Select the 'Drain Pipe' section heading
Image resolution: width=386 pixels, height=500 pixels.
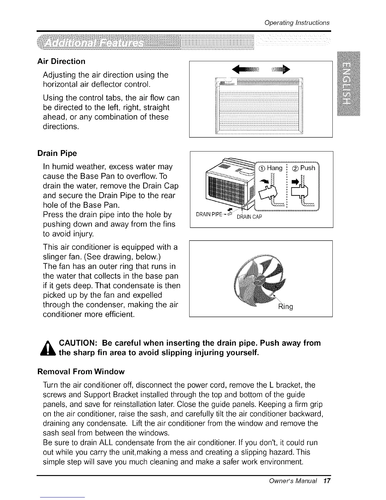[x=57, y=153]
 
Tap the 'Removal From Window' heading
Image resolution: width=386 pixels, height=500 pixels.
[x=81, y=372]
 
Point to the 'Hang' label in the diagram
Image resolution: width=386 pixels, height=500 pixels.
[x=274, y=168]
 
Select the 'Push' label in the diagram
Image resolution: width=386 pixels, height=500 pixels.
[x=307, y=168]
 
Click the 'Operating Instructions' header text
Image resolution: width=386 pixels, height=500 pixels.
[x=297, y=23]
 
